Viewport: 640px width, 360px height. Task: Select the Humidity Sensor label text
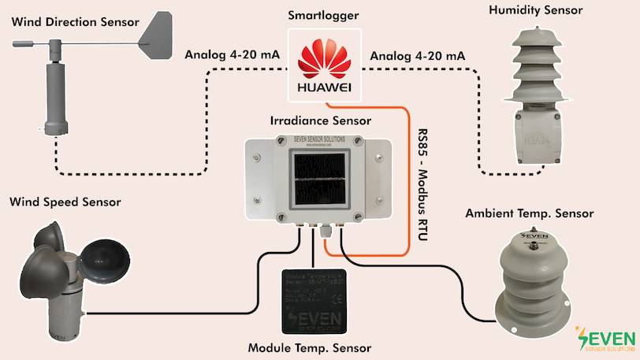(x=535, y=10)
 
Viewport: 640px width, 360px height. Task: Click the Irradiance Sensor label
(x=321, y=121)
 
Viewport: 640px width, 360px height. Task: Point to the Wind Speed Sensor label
(x=65, y=202)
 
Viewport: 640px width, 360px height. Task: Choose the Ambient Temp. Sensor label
(x=529, y=213)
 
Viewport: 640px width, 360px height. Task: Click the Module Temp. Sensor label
(x=309, y=347)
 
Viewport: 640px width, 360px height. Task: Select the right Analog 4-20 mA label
(x=417, y=56)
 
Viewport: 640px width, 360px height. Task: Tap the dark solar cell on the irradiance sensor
(x=319, y=180)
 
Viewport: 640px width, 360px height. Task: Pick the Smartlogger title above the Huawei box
(x=323, y=14)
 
